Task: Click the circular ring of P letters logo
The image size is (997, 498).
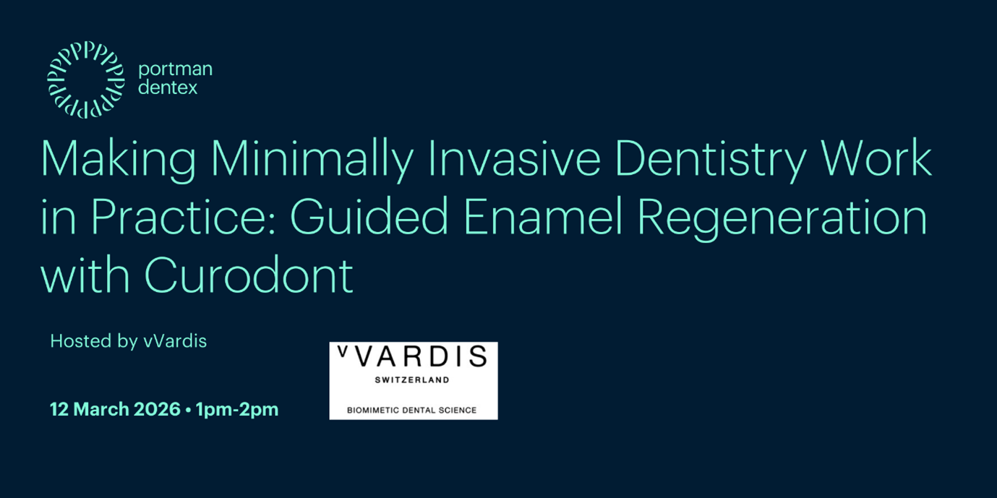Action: point(86,80)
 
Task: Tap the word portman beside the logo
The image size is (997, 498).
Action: point(175,69)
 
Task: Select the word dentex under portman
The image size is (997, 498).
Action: point(167,88)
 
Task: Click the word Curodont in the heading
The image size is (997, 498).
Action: point(249,276)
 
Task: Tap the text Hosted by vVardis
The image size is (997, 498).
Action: point(129,341)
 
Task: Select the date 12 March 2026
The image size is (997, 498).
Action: point(115,409)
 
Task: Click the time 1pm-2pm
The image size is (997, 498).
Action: point(237,409)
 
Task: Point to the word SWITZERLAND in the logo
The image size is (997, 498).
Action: point(412,380)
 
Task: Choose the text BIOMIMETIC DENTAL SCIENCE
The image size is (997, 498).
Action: point(411,410)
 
